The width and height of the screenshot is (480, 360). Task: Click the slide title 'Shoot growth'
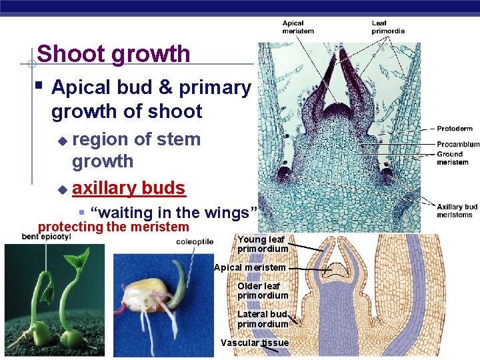[x=114, y=54]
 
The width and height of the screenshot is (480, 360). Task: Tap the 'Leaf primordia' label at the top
[x=387, y=27]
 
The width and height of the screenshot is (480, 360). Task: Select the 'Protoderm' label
[x=455, y=129]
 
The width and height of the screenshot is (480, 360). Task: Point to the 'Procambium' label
[x=458, y=144]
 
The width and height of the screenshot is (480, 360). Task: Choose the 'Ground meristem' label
[x=453, y=158]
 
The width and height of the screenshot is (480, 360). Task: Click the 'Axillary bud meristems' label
[x=457, y=211]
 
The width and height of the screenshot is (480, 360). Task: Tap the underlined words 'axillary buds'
[x=128, y=188]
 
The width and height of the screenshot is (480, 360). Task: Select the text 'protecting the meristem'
[x=113, y=227]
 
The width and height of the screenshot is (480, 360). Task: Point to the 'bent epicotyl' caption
[x=47, y=237]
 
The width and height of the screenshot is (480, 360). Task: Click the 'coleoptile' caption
[x=195, y=242]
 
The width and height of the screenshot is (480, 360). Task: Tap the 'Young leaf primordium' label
[x=263, y=244]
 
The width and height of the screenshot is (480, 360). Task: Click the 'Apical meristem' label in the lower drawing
[x=249, y=267]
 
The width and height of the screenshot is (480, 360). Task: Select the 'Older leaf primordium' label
[x=263, y=291]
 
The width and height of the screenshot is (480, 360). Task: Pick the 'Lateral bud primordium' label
[x=263, y=319]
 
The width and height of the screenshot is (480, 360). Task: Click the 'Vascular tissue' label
[x=255, y=343]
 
